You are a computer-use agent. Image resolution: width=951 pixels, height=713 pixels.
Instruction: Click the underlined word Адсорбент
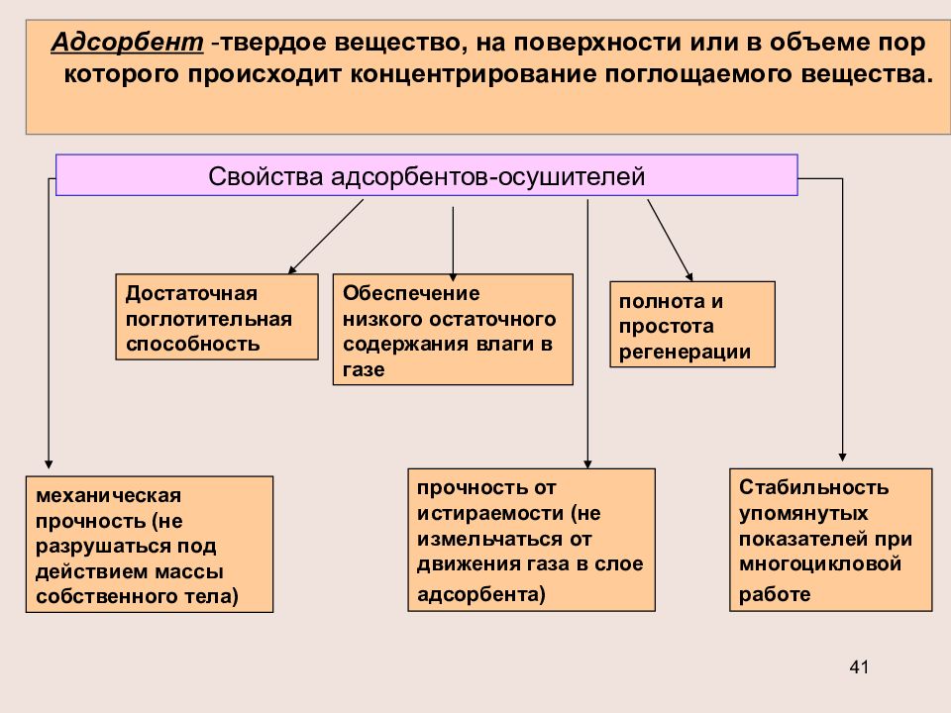[128, 43]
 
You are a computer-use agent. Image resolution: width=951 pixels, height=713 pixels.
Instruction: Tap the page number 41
[859, 666]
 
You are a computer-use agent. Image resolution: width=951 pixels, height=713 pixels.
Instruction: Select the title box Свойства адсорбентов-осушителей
[426, 175]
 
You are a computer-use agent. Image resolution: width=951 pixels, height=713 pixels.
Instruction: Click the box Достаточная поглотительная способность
[217, 317]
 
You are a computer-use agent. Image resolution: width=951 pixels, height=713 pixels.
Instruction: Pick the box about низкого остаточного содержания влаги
[453, 329]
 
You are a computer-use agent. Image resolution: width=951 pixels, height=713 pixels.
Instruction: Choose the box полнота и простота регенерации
[692, 325]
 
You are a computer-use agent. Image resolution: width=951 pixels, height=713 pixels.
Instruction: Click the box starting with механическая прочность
[150, 545]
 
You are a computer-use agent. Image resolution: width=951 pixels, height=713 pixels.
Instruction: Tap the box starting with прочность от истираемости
[531, 540]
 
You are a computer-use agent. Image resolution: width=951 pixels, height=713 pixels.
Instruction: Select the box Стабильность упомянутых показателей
[830, 540]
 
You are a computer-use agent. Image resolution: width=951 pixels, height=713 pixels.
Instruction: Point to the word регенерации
[685, 353]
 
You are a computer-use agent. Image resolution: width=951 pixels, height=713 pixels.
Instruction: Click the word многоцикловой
[820, 564]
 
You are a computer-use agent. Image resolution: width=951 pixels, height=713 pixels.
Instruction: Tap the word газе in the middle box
[364, 369]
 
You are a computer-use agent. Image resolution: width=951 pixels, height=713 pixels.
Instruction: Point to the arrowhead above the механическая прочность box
[49, 464]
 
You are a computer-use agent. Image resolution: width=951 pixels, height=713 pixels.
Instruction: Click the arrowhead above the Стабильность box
[842, 458]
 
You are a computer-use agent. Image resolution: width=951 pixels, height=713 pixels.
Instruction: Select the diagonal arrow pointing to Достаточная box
[326, 237]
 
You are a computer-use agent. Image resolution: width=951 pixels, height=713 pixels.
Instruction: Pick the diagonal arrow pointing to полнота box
[671, 240]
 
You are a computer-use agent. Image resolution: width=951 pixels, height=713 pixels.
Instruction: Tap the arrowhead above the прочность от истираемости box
[587, 464]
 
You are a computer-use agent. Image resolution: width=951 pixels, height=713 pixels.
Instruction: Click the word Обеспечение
[411, 293]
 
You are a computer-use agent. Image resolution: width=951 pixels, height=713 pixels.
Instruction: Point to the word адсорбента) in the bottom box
[481, 594]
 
